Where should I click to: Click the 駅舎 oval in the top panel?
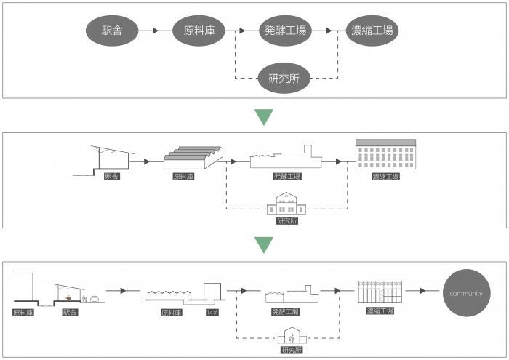point(111,31)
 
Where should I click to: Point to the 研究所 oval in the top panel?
point(286,79)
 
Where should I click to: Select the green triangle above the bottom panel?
point(264,244)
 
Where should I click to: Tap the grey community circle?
point(466,293)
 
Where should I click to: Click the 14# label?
point(212,312)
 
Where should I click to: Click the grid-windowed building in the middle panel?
point(385,156)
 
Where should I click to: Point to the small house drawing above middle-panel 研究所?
point(286,204)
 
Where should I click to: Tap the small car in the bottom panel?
point(95,298)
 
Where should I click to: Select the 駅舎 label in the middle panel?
point(112,176)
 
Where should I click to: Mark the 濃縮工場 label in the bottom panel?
point(380,311)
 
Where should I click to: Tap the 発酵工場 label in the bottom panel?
point(286,312)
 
